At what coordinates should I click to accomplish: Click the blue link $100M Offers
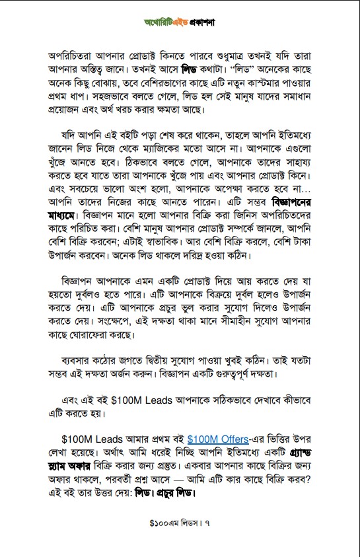218,439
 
